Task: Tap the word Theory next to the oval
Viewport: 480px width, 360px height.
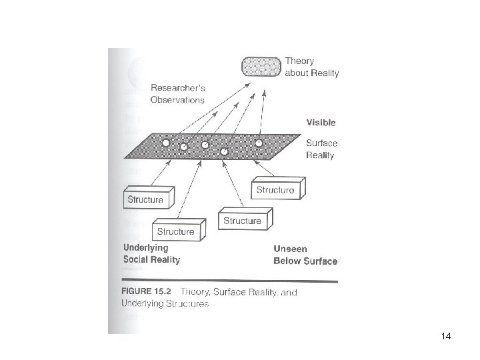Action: click(299, 61)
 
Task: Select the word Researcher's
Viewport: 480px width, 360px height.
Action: click(177, 88)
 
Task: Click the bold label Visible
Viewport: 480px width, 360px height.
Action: click(321, 123)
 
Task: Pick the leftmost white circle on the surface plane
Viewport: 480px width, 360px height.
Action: click(165, 142)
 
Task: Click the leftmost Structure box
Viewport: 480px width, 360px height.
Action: click(147, 199)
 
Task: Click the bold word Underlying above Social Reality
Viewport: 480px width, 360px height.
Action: click(146, 247)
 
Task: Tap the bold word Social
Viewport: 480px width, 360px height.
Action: click(138, 259)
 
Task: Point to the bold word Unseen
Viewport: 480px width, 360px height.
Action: click(290, 249)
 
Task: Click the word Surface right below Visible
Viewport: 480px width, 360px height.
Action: click(321, 142)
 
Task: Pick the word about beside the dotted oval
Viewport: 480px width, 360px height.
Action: click(296, 73)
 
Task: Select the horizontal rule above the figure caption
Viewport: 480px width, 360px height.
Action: click(231, 279)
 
